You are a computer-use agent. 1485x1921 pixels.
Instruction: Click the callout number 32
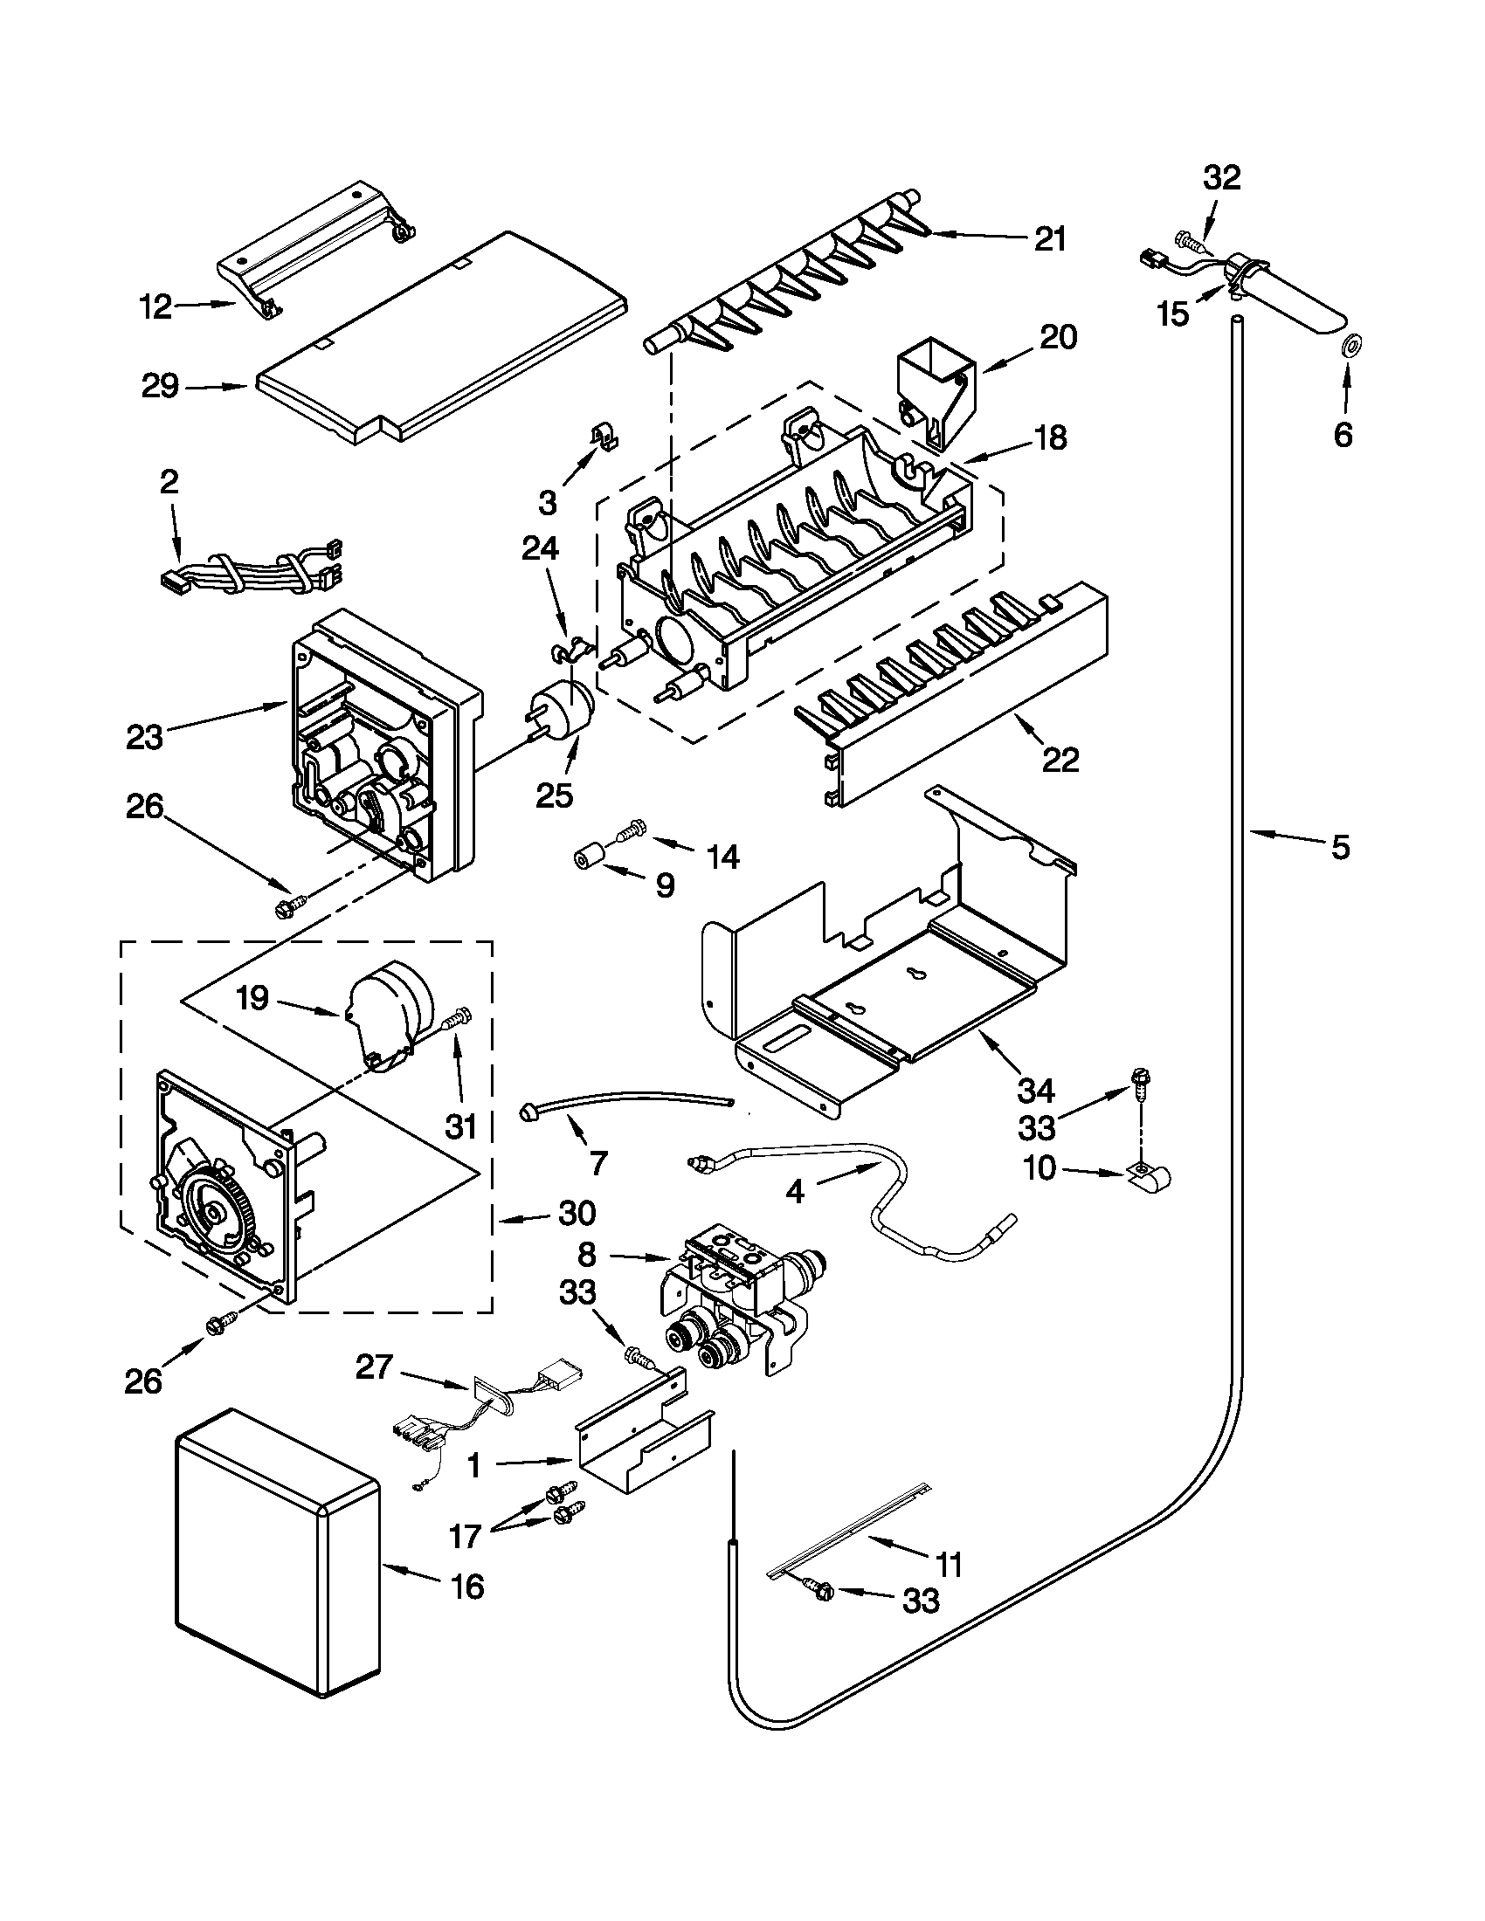(x=1221, y=178)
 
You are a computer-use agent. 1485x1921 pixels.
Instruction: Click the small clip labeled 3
(x=604, y=435)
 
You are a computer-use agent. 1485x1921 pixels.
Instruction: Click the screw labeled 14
(x=632, y=829)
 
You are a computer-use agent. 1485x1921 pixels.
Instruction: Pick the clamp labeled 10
(x=1150, y=1175)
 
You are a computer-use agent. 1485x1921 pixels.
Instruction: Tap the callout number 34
(x=1035, y=1091)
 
